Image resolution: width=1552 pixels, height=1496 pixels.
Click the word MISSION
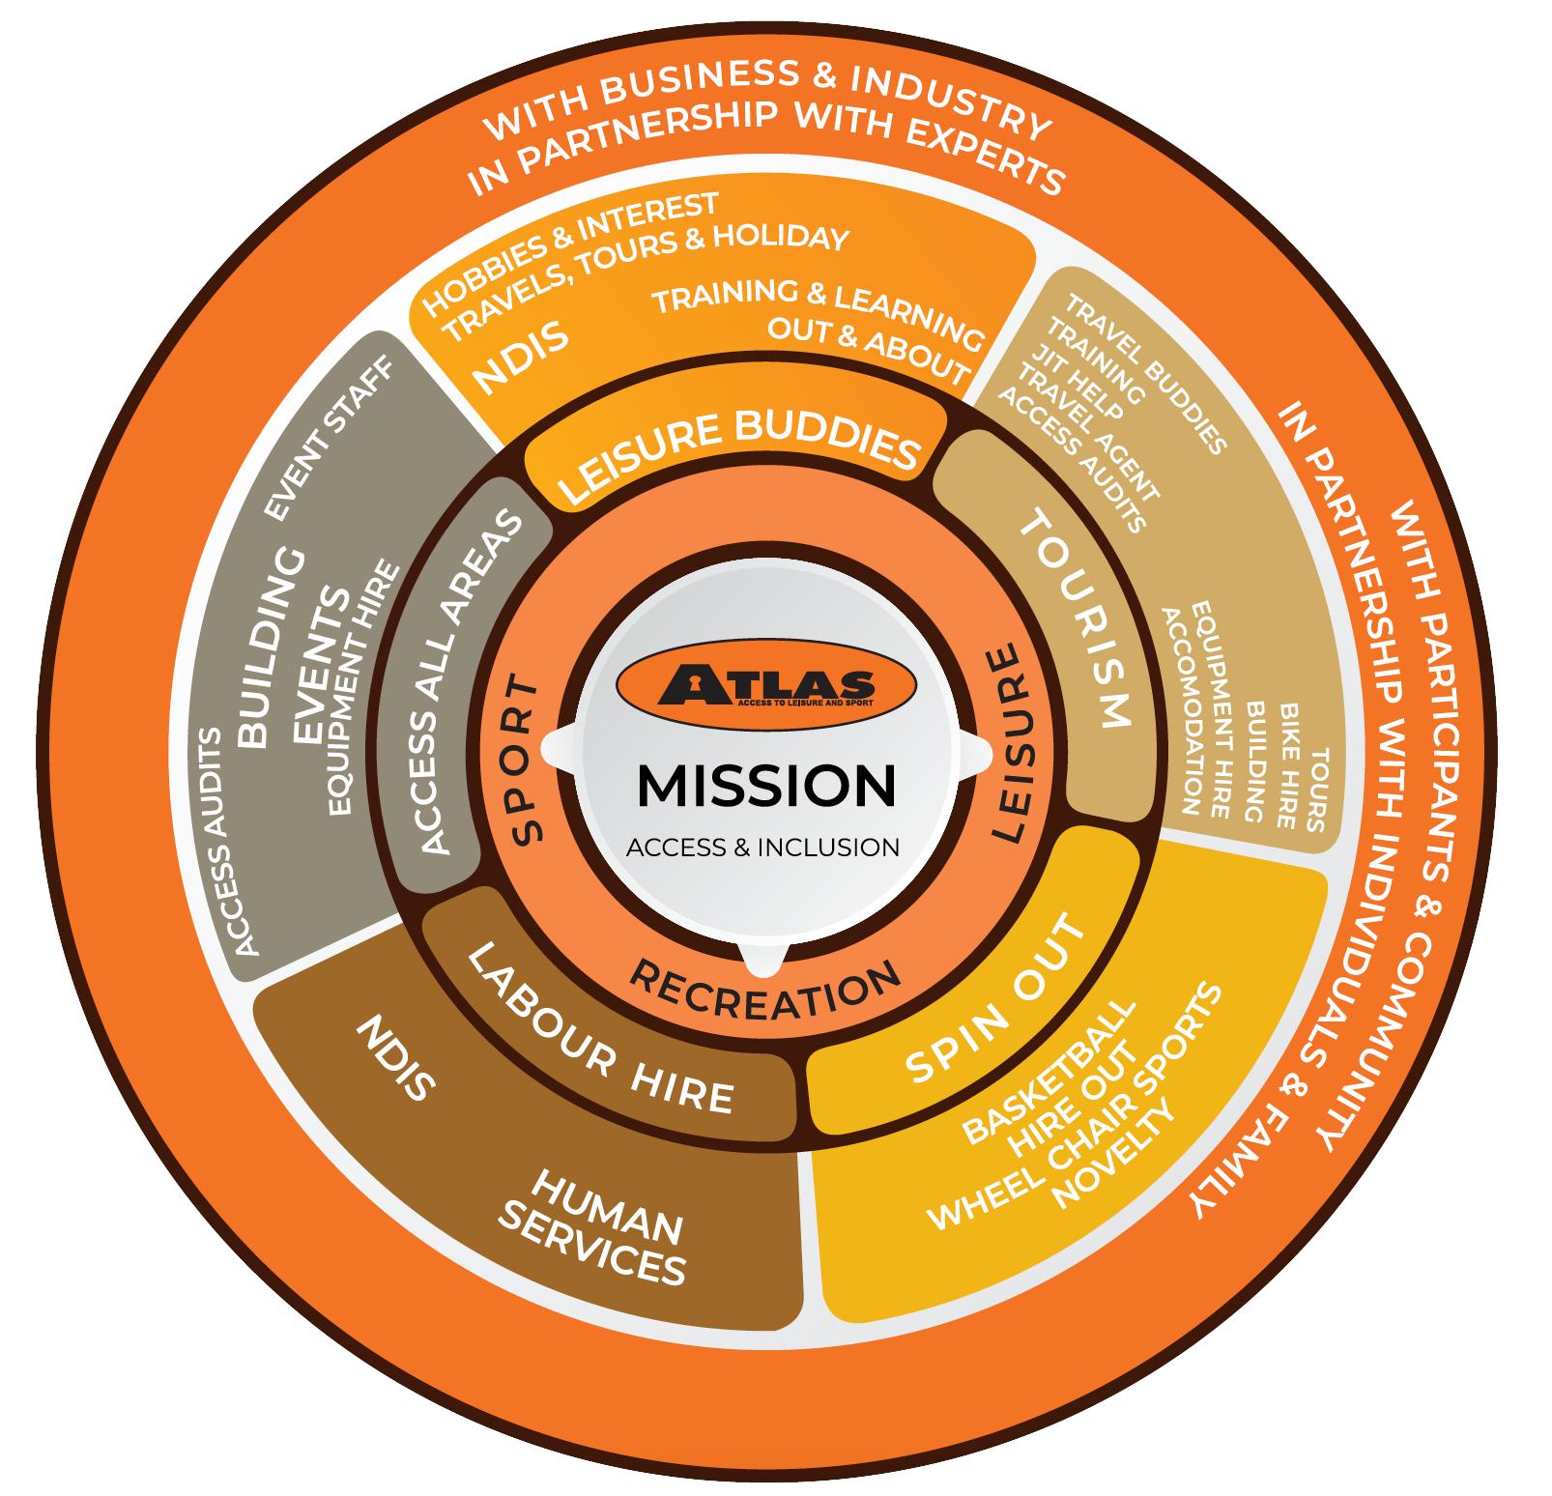pos(766,786)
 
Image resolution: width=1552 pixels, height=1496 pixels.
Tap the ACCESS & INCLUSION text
pos(762,848)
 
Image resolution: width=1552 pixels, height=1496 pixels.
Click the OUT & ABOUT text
pos(869,349)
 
